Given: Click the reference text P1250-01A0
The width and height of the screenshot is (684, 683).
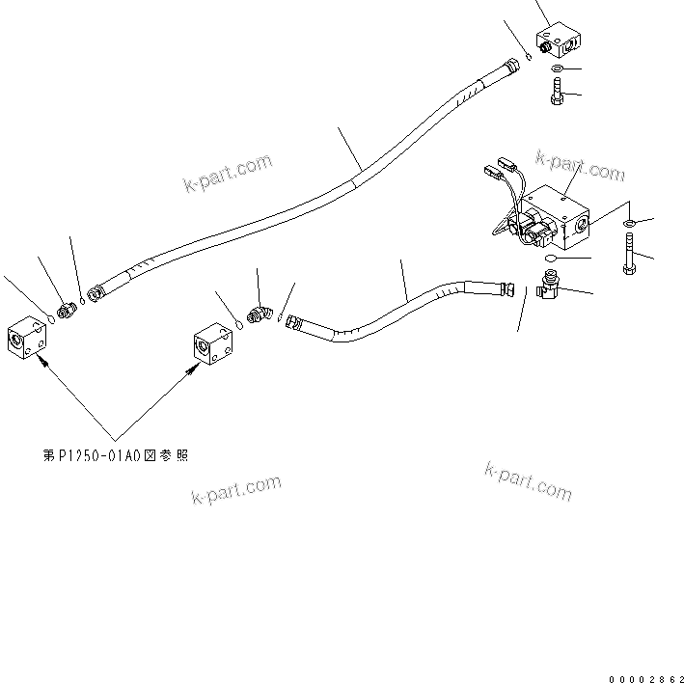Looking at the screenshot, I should [x=116, y=455].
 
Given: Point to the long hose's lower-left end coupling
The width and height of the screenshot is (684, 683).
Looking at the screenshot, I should [x=96, y=291].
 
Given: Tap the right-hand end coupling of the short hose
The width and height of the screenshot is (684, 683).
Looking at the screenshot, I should [x=504, y=286].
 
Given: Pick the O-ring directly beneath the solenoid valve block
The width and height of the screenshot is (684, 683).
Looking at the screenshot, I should [x=546, y=259].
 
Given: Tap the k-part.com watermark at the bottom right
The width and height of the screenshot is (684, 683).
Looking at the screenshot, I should [x=528, y=479].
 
